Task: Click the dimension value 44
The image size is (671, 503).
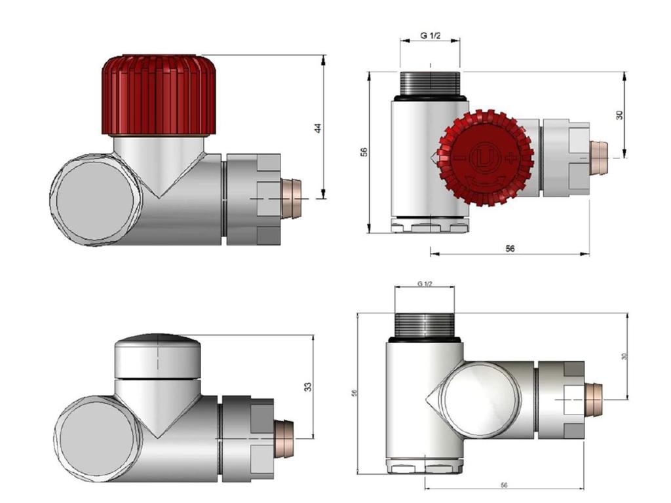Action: (318, 128)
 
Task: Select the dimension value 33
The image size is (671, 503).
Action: (308, 386)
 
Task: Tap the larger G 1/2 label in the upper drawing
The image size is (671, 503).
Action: (430, 36)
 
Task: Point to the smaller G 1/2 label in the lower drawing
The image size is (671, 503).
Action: (425, 284)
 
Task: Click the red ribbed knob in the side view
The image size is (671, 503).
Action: (159, 95)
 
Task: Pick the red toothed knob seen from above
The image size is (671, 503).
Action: (485, 157)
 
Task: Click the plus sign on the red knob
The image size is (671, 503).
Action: (510, 158)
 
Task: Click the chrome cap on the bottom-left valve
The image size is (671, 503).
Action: (158, 356)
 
